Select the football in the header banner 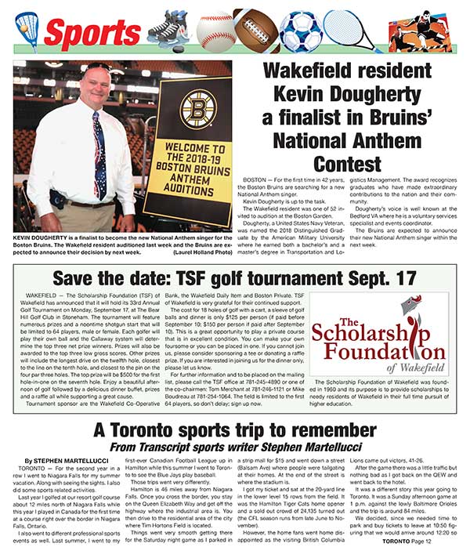(x=255, y=29)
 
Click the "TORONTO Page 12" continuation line (x=422, y=540)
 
